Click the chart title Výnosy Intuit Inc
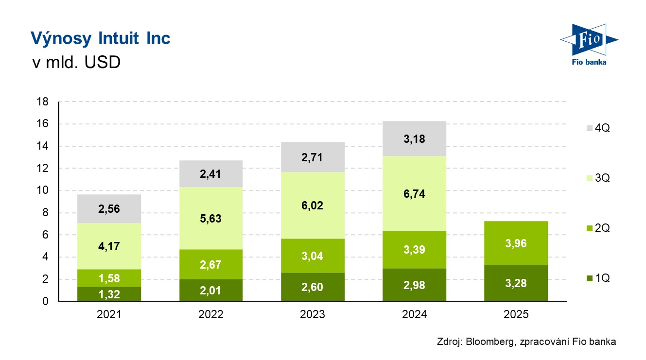pyautogui.click(x=100, y=38)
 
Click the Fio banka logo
pyautogui.click(x=588, y=44)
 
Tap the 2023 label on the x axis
pyautogui.click(x=313, y=315)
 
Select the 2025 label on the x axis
pyautogui.click(x=515, y=315)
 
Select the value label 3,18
pyautogui.click(x=414, y=139)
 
